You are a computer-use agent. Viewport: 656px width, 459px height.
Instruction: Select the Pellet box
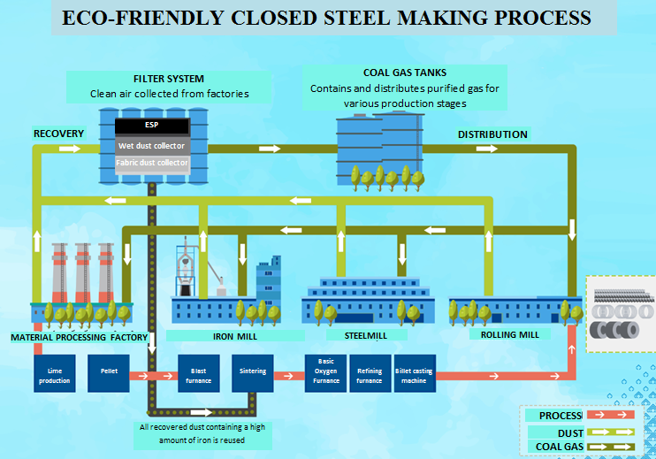pyautogui.click(x=109, y=373)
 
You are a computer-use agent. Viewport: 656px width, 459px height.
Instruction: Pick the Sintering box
pyautogui.click(x=252, y=373)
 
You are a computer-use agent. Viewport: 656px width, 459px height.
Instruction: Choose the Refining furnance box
pyautogui.click(x=369, y=373)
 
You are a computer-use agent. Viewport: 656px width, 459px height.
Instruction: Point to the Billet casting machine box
pyautogui.click(x=414, y=373)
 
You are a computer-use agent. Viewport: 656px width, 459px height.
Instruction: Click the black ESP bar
pyautogui.click(x=152, y=126)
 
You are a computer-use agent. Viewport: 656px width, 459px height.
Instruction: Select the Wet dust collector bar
pyautogui.click(x=152, y=145)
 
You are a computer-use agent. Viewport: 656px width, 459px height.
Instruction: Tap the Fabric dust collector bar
pyautogui.click(x=152, y=163)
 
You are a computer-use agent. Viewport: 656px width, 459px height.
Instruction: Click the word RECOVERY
pyautogui.click(x=58, y=134)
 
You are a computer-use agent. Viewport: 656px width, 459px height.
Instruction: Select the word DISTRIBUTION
pyautogui.click(x=492, y=134)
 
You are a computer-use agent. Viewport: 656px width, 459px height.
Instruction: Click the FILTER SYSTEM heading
pyautogui.click(x=168, y=79)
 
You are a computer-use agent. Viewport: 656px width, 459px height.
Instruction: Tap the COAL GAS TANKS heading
pyautogui.click(x=404, y=73)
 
